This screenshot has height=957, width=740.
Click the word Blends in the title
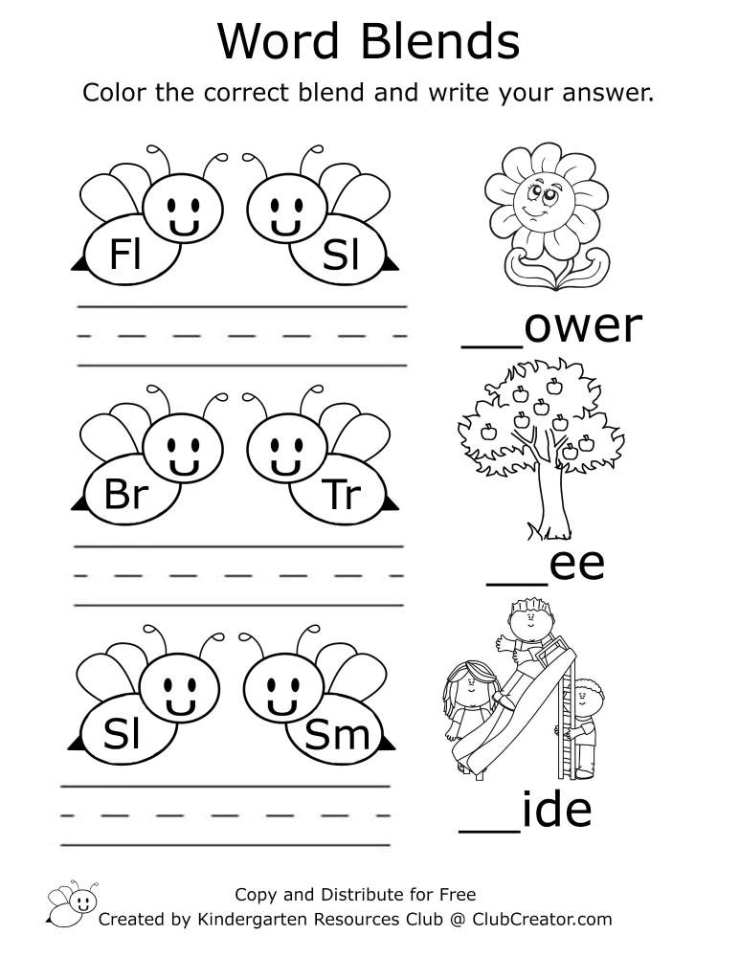tap(439, 41)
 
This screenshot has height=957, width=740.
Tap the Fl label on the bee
tap(125, 254)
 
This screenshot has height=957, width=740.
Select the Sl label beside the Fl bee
tap(341, 255)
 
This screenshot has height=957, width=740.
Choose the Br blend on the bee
tap(126, 494)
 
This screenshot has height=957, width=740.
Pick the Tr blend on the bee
tap(341, 495)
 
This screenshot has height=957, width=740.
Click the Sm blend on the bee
tap(337, 734)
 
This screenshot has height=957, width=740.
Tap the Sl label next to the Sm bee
tap(123, 734)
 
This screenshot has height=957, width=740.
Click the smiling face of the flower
tap(543, 202)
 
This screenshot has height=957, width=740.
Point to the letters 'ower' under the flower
tap(583, 325)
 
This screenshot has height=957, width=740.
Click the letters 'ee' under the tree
tap(577, 566)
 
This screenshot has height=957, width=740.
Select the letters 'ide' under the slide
tap(557, 810)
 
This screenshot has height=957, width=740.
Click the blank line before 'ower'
tap(492, 347)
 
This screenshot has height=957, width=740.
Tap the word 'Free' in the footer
tap(458, 894)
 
